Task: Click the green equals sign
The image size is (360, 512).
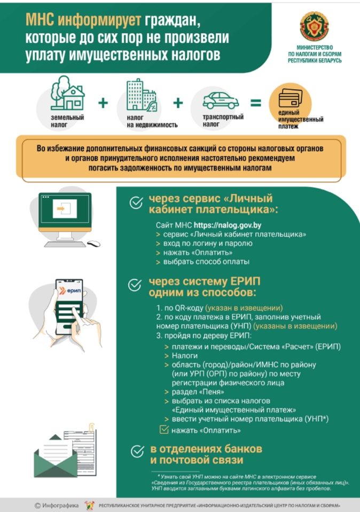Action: point(256,103)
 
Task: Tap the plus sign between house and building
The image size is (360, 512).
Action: point(105,103)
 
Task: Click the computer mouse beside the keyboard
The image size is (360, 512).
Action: point(93,244)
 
